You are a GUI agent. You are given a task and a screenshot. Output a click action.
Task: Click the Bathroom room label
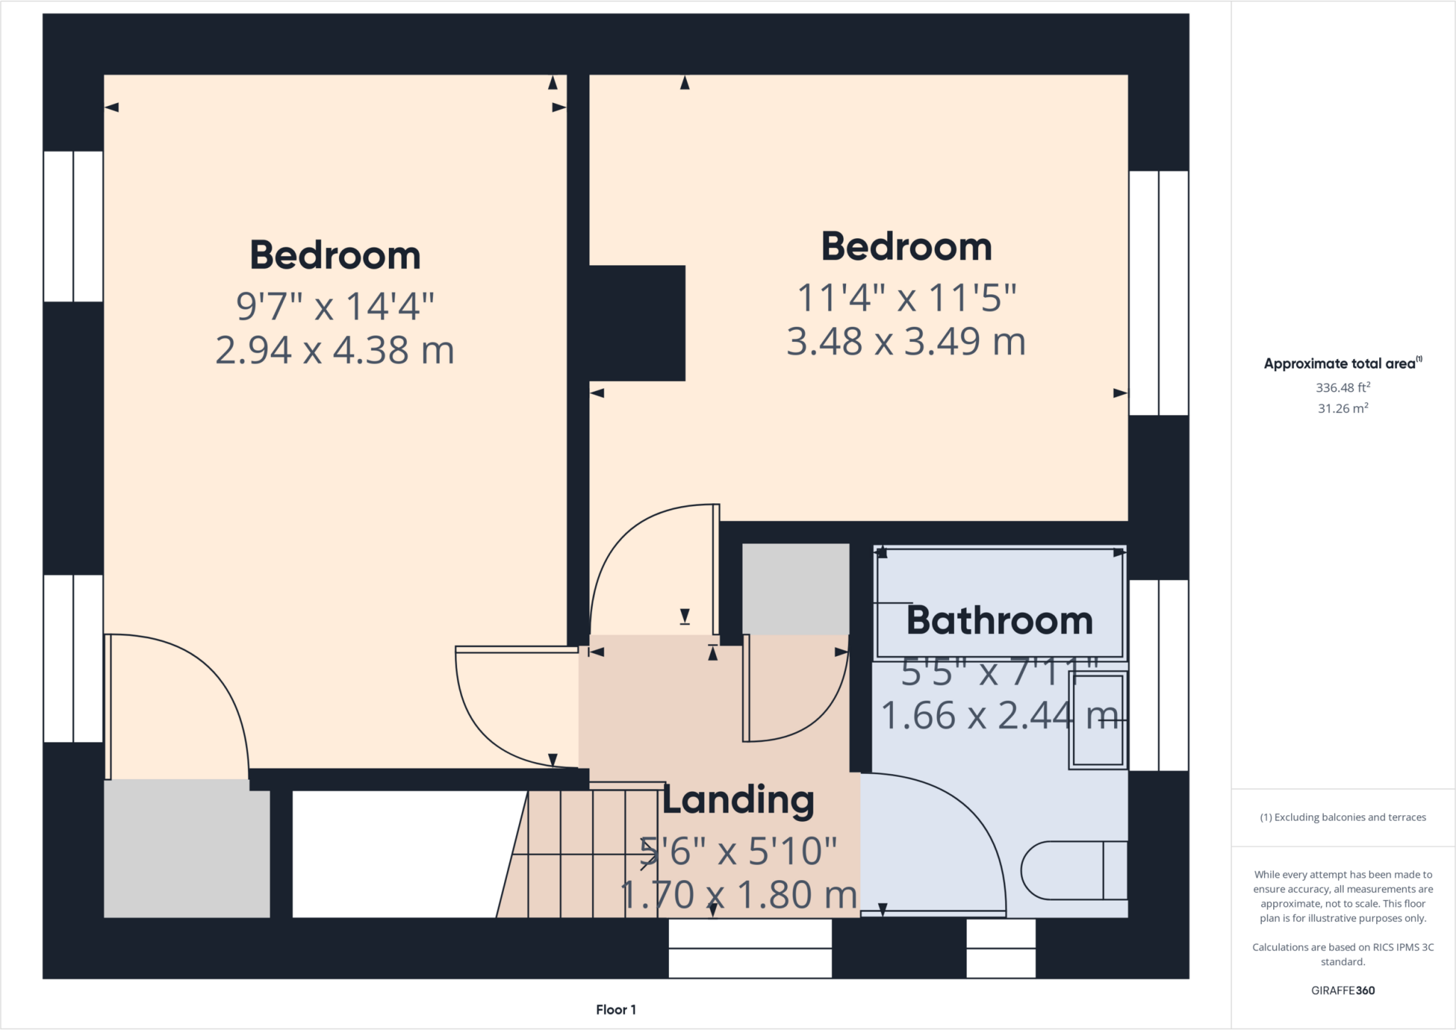tap(999, 621)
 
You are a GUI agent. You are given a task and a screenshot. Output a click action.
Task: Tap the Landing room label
tap(738, 800)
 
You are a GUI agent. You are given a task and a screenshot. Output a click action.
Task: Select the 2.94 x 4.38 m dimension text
tap(335, 350)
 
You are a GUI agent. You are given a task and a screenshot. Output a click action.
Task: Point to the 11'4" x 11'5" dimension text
tap(906, 298)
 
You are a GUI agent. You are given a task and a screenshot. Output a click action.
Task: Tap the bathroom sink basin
tap(1098, 720)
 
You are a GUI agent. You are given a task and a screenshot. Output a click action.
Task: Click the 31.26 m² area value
tap(1342, 409)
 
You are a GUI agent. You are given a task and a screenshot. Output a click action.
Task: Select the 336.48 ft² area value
tap(1342, 387)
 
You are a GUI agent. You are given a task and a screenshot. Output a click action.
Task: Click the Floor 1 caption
tap(616, 1009)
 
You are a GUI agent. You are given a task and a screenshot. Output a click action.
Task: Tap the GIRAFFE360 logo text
tap(1342, 990)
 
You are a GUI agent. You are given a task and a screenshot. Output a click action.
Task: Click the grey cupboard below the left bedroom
tap(187, 849)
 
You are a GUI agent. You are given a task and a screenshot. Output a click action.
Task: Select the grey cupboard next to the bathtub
tap(796, 589)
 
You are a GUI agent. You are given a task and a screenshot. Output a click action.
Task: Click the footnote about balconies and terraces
tap(1342, 817)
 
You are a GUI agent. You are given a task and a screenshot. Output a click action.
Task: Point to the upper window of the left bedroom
tap(73, 226)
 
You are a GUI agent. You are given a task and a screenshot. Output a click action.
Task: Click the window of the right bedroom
tap(1158, 293)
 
